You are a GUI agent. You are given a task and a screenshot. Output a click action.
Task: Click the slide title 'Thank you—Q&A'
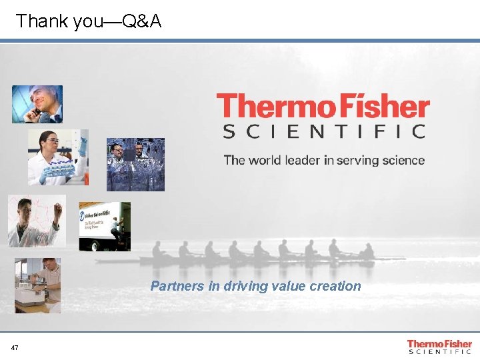tap(89, 21)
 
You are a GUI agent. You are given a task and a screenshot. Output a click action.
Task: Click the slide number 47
tap(15, 348)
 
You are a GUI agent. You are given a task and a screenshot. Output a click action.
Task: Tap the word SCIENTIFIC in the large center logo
tap(324, 131)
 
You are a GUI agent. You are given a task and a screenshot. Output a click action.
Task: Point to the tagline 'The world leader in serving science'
tap(324, 160)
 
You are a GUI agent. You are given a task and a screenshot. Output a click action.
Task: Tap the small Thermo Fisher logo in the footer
tap(439, 347)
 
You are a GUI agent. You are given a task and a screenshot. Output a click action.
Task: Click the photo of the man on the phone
tap(37, 104)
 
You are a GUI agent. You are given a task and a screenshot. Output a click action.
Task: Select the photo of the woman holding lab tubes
tap(57, 157)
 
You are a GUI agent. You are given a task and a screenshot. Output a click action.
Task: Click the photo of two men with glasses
tap(135, 165)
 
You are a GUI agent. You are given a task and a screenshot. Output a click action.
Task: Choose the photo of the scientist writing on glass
tap(37, 221)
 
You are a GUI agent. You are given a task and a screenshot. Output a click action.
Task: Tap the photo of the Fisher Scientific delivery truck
tap(105, 226)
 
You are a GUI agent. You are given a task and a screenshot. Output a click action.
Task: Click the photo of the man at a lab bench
tap(37, 285)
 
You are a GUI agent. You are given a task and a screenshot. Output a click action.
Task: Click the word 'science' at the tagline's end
tap(403, 160)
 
